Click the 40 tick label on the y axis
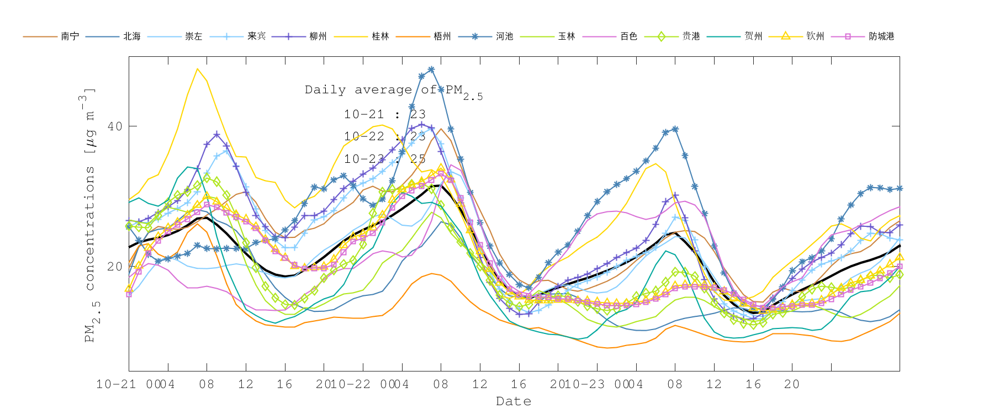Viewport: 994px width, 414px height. point(115,126)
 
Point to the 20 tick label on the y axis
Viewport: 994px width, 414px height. point(115,267)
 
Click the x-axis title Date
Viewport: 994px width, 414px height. point(514,401)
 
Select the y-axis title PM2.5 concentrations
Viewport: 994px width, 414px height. point(89,215)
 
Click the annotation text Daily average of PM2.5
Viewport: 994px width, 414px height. point(393,91)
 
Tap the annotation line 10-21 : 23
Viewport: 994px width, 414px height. point(384,114)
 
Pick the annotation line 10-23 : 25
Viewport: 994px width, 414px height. point(384,159)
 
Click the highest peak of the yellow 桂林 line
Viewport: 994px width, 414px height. point(197,68)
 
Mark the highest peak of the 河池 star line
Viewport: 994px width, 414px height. point(431,70)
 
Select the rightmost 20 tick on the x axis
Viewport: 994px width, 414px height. point(792,384)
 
